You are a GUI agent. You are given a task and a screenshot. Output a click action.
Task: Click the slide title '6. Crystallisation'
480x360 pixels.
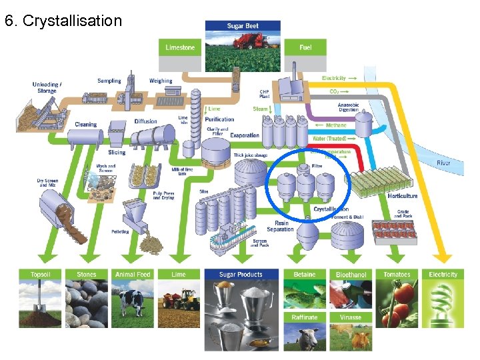[63, 21]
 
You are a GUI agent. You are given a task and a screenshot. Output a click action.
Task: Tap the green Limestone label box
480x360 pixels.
[181, 47]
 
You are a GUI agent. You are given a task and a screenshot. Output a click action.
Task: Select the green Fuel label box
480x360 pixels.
[305, 47]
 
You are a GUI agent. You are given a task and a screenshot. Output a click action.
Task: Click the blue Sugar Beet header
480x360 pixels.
[243, 26]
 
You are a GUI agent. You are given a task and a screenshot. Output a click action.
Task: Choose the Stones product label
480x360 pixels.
[87, 274]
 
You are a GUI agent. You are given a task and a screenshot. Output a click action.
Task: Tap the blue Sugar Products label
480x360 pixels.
[242, 274]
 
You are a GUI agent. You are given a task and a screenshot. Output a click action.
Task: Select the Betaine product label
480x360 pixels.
[305, 274]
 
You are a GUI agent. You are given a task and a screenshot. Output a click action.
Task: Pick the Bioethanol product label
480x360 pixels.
[351, 275]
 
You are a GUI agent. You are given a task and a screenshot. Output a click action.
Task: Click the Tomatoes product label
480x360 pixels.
[397, 274]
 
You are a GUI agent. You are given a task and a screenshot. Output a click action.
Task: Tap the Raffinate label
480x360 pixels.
[305, 317]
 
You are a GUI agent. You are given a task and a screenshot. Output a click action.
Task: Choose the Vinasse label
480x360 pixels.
[351, 317]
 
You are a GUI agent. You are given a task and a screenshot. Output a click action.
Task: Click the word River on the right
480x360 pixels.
[443, 163]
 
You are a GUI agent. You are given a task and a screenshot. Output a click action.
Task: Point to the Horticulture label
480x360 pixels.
[403, 196]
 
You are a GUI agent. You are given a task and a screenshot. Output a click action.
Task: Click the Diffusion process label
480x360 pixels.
[145, 121]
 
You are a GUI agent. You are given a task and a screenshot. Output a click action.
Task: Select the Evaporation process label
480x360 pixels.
[245, 135]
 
